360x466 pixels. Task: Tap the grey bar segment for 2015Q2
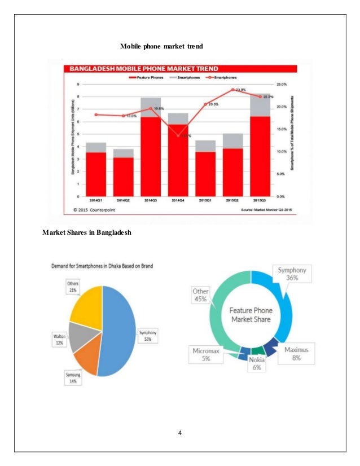click(x=232, y=141)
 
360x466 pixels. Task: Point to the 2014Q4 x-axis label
click(x=178, y=201)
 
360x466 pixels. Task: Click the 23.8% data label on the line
click(x=240, y=89)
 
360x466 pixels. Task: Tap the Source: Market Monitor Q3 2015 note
click(x=266, y=210)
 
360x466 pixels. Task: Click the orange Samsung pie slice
click(x=89, y=355)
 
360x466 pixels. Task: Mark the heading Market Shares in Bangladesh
click(x=87, y=232)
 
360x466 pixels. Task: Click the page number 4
click(x=179, y=433)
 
